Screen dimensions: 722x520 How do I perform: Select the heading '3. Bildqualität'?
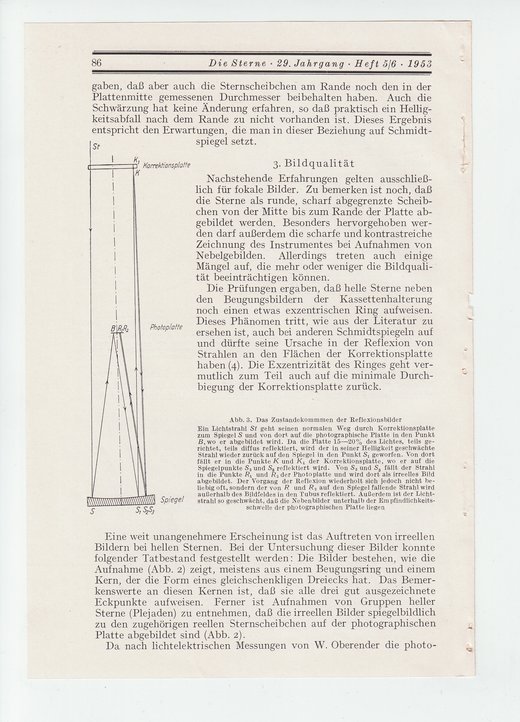(x=314, y=163)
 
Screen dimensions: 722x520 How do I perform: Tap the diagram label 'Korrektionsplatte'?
(x=167, y=166)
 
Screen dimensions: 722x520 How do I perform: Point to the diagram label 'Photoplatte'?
(x=166, y=327)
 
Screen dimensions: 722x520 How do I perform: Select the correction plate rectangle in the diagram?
(x=113, y=167)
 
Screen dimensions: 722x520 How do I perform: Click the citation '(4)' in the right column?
(x=228, y=365)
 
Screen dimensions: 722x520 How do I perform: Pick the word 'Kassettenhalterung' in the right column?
(x=386, y=300)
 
